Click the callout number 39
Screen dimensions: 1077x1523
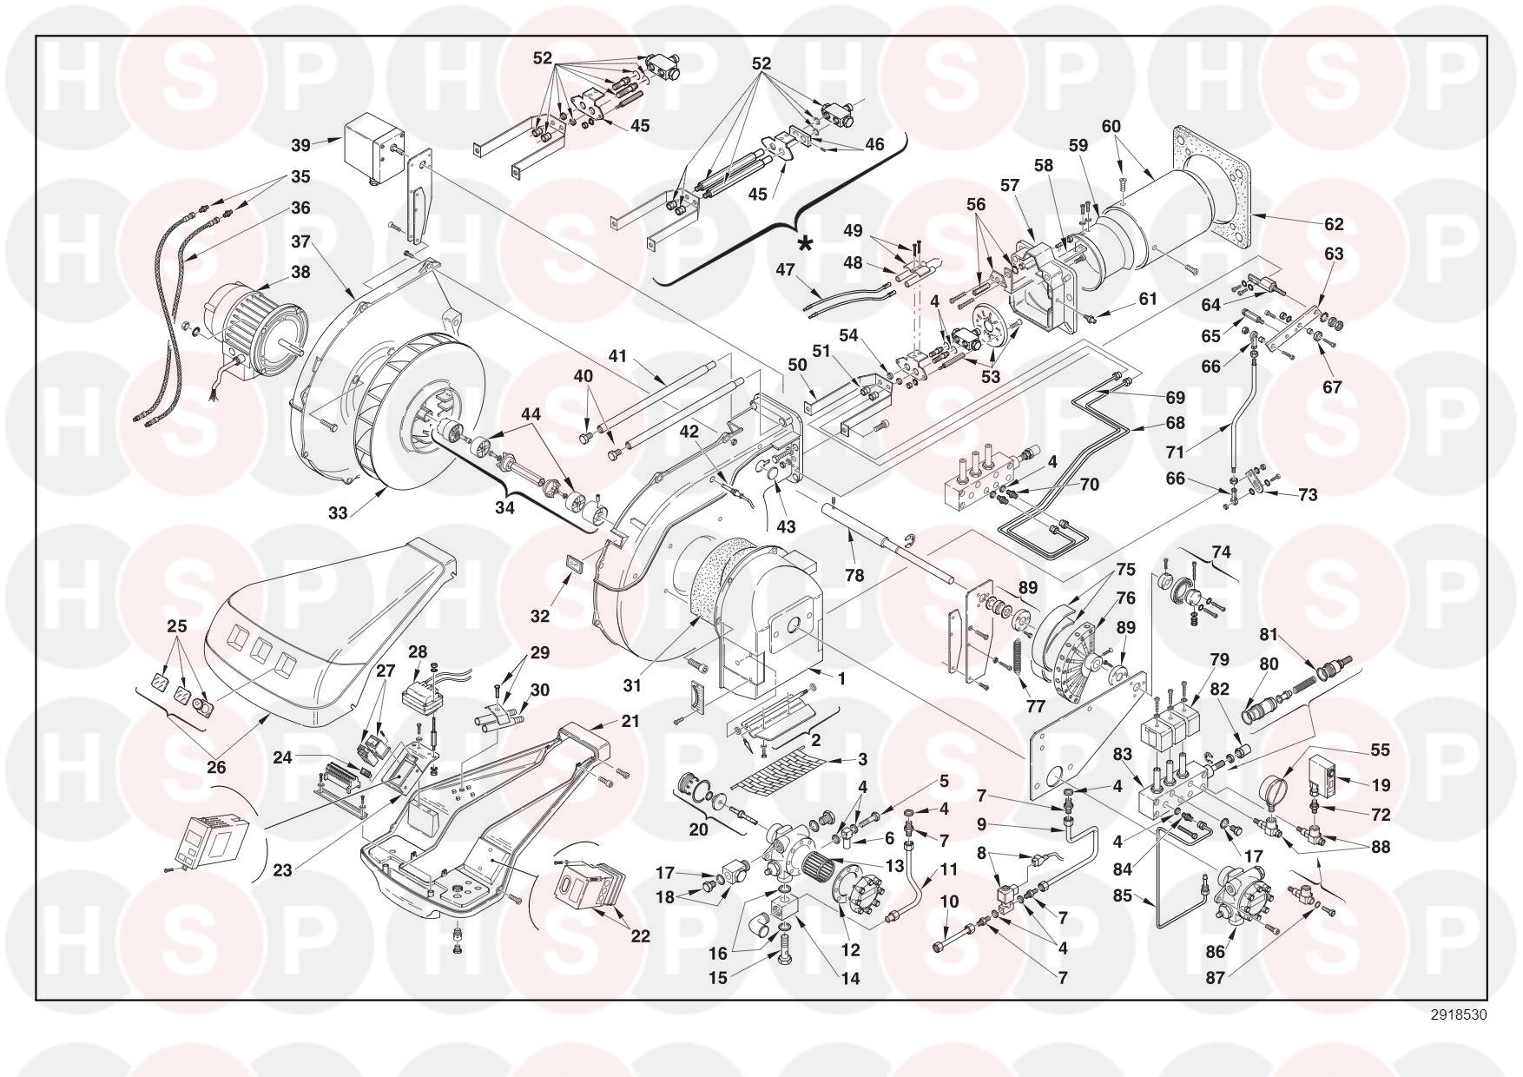tap(300, 144)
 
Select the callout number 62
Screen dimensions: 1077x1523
tap(1334, 224)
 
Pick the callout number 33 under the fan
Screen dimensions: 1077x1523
tap(338, 513)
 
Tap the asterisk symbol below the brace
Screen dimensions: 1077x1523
tap(806, 245)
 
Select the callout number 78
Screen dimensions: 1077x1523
tap(854, 575)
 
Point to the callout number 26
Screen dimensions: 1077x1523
tap(216, 766)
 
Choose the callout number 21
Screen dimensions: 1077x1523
tap(629, 722)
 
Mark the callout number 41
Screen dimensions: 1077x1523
tap(617, 356)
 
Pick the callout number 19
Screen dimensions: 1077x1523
tap(1381, 785)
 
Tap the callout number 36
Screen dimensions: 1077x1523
tap(300, 208)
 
